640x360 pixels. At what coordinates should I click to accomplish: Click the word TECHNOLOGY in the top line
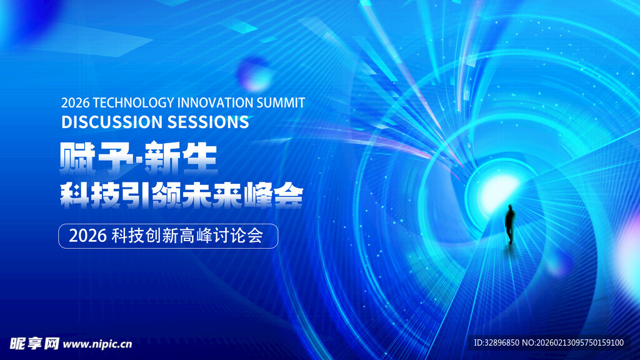click(133, 102)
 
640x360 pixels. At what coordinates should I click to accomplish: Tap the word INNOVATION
click(215, 102)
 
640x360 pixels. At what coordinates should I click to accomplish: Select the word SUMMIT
click(281, 102)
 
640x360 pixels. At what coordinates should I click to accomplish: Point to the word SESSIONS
click(208, 122)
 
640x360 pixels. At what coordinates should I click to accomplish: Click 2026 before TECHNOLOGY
click(75, 102)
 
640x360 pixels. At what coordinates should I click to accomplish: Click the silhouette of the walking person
click(510, 224)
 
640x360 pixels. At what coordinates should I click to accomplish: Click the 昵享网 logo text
click(34, 344)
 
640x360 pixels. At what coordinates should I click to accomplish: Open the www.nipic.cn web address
click(97, 344)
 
